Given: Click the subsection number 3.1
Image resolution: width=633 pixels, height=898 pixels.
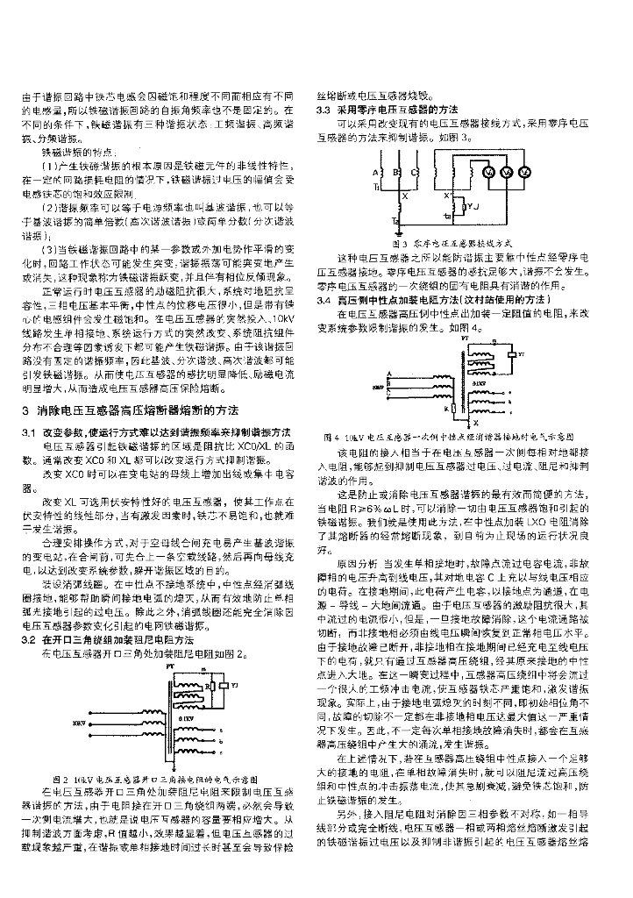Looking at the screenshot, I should click(28, 433).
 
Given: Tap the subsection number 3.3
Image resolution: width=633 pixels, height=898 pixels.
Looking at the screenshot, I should click(323, 109).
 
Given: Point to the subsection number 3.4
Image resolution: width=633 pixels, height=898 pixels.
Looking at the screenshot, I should click(323, 300).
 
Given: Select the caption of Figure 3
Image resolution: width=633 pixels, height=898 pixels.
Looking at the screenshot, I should click(450, 241).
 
